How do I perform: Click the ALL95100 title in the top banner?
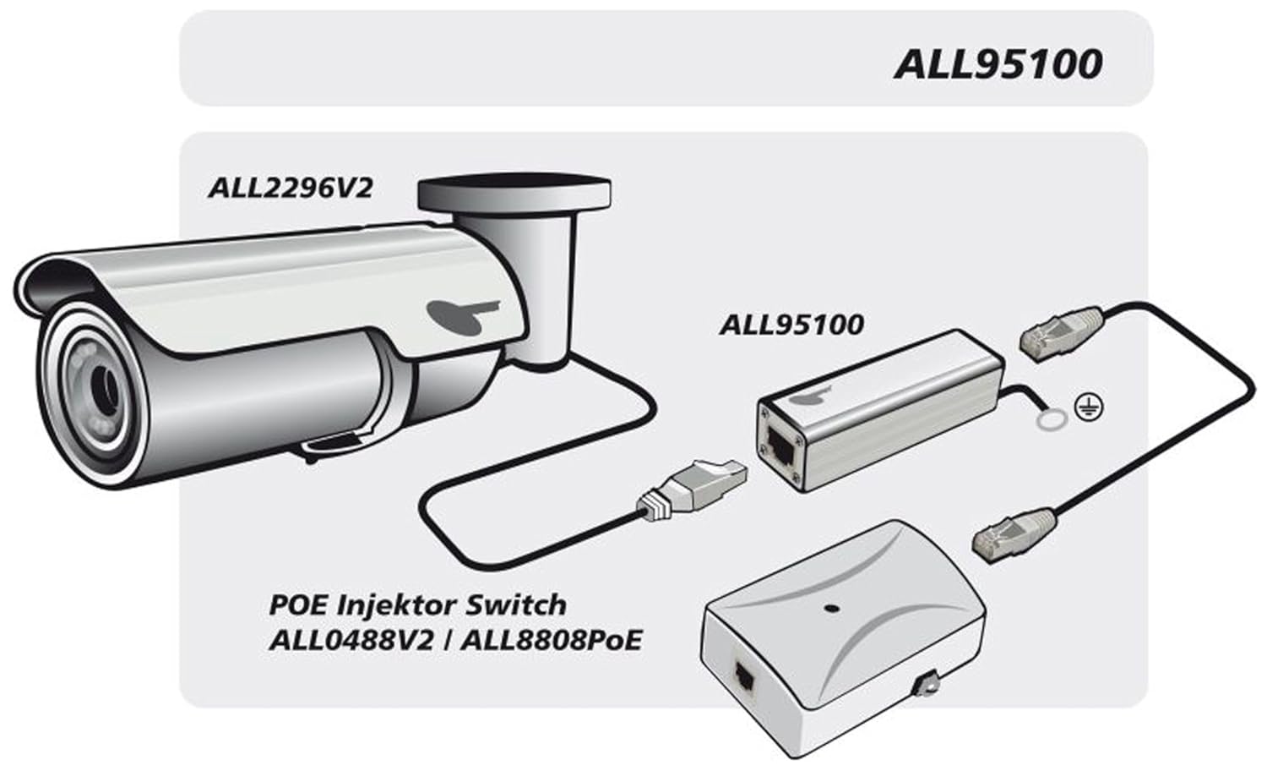coord(998,64)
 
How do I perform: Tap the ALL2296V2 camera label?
coord(290,187)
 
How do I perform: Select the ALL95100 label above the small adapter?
coord(791,325)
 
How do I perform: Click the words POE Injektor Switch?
coord(417,605)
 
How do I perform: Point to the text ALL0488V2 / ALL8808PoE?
coord(455,640)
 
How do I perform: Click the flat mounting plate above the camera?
coord(514,192)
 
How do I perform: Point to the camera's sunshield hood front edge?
coord(34,287)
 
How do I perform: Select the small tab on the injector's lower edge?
coord(929,682)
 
